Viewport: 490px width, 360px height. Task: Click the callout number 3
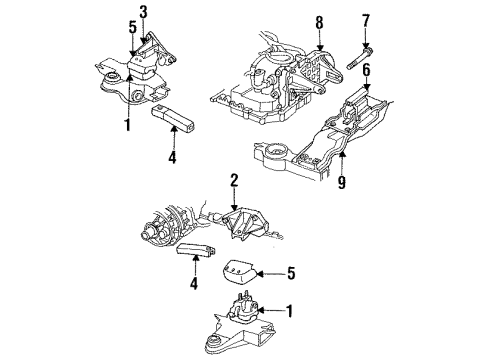(x=143, y=11)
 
